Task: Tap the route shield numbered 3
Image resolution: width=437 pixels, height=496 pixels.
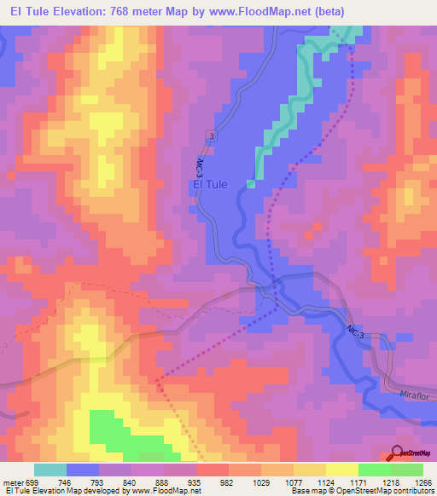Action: coord(209,136)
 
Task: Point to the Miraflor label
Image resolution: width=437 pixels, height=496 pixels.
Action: coord(417,395)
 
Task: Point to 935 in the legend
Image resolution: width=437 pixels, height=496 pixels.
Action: coord(195,482)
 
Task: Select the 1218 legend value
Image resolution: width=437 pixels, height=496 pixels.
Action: coord(389,482)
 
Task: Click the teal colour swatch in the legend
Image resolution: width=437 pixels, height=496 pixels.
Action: coord(50,470)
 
